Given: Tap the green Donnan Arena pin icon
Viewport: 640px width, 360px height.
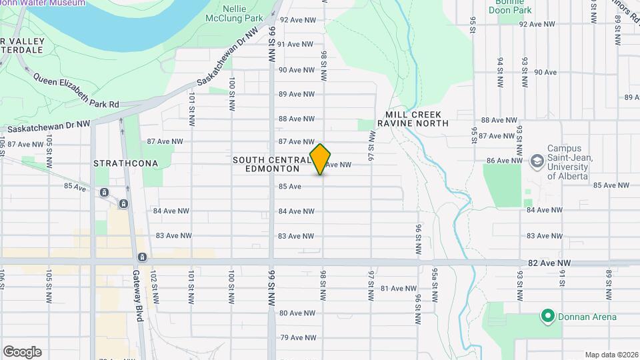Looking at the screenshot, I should (x=547, y=317).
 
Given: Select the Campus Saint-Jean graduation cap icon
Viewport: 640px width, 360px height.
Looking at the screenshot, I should (x=537, y=161).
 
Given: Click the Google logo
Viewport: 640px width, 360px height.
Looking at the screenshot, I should (x=22, y=352).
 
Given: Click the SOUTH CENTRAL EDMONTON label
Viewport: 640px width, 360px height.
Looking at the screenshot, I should (x=271, y=164).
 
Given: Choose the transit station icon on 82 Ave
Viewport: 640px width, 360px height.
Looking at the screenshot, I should (x=142, y=257).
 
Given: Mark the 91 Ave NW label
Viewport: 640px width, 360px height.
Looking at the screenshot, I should (x=295, y=44).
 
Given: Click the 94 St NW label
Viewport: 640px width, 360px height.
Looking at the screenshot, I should (x=499, y=72).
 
